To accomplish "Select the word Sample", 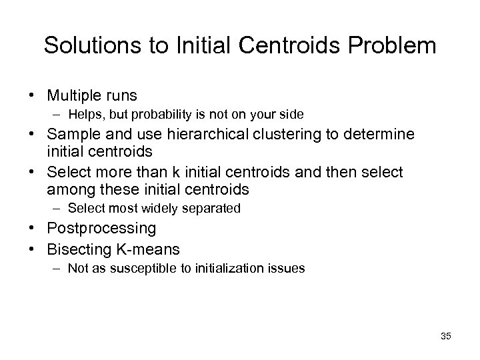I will (x=71, y=135).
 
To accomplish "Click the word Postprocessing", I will (x=101, y=229).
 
